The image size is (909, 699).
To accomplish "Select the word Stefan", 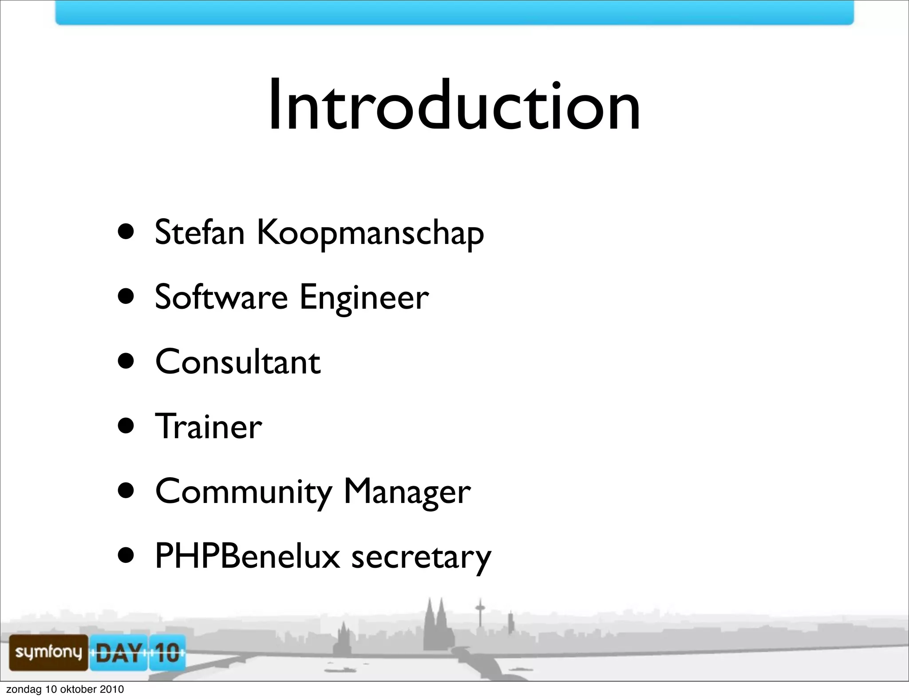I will coord(200,232).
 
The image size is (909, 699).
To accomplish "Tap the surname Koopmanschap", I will coord(370,233).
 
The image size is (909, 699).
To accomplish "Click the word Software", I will coord(221,297).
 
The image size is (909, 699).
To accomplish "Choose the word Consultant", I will coord(237,361).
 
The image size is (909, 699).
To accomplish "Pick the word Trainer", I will coord(208,426).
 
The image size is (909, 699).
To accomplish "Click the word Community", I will coord(243,492).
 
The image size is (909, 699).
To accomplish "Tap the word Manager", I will coord(407,492).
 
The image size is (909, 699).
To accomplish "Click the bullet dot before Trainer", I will coord(126,426).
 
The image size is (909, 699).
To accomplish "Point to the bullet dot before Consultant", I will coord(126,361).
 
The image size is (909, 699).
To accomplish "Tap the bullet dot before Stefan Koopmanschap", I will coord(126,232).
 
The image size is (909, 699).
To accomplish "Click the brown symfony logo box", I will coord(48,652).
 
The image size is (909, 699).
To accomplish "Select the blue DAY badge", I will coord(119,652).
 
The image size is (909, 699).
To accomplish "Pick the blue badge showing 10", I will coord(167,652).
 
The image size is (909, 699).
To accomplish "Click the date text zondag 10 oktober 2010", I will coord(65,689).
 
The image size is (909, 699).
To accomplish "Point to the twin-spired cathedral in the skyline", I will coord(435,625).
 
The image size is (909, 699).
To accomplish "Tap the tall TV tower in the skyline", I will coord(480,614).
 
